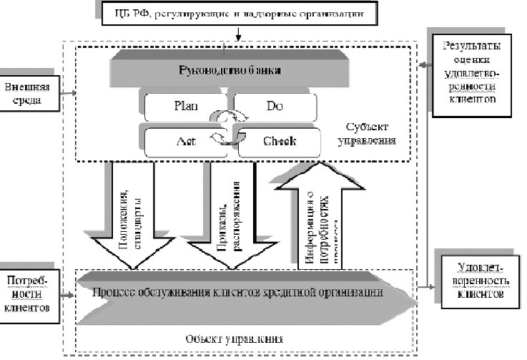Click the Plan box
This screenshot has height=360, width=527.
[181, 107]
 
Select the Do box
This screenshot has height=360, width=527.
[274, 107]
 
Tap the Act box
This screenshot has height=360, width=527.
[181, 141]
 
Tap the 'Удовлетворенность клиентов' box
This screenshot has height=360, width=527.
[477, 279]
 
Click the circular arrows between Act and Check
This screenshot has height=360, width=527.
[228, 137]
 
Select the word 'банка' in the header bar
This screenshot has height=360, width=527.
[265, 70]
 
